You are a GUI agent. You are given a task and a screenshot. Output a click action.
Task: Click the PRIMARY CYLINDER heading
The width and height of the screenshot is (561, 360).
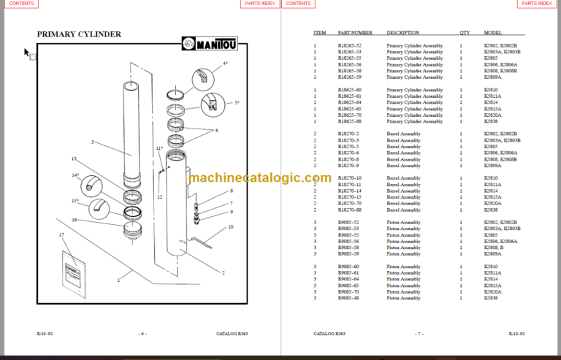[x=79, y=34]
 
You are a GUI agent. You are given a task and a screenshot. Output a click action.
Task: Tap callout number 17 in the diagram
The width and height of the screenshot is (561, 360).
[x=61, y=234]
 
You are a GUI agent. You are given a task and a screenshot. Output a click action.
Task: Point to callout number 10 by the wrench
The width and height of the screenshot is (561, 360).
[x=231, y=227]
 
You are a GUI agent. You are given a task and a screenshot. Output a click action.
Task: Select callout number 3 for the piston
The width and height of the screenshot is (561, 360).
[x=92, y=142]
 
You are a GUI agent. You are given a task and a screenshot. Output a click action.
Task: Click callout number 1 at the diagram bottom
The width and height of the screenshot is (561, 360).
[x=118, y=280]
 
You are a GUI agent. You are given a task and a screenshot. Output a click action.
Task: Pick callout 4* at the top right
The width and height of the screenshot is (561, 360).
[x=225, y=64]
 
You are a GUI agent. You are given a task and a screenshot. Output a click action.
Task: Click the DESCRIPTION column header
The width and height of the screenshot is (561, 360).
[x=402, y=33]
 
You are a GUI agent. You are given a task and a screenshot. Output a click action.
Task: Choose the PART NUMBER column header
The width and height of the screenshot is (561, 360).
[x=355, y=33]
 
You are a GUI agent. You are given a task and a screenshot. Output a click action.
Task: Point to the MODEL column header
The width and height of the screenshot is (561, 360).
[x=493, y=33]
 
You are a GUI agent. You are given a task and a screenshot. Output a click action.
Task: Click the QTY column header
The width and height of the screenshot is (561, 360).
[x=465, y=33]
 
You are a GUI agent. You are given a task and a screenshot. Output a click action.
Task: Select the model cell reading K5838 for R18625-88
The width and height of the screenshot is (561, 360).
[x=491, y=121]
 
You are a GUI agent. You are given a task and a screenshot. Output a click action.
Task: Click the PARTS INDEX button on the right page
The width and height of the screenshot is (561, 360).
[x=536, y=4]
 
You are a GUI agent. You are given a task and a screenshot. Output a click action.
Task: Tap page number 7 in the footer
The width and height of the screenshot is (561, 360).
[x=419, y=333]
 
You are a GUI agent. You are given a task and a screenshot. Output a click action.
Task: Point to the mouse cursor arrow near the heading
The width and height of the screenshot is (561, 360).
[x=27, y=53]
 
